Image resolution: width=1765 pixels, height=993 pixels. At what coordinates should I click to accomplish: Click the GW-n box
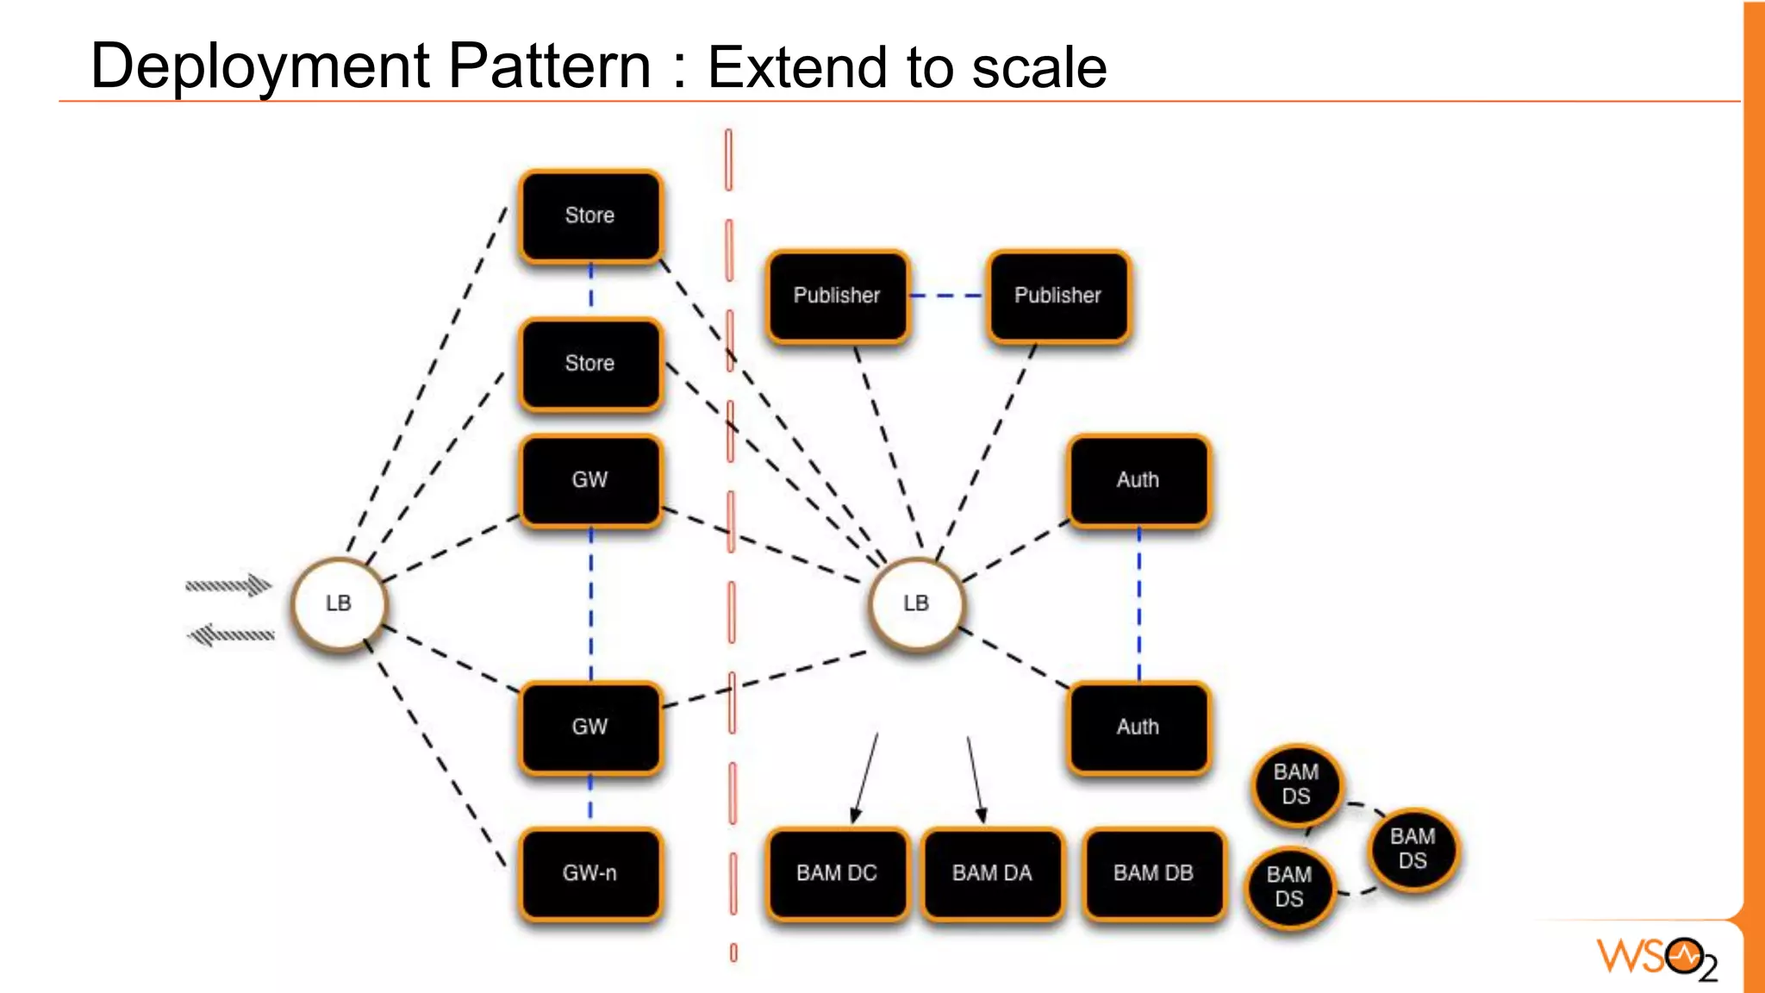pos(590,873)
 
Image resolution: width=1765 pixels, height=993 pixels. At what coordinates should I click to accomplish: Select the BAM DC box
pos(837,873)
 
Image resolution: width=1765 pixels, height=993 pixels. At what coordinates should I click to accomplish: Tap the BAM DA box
pos(992,873)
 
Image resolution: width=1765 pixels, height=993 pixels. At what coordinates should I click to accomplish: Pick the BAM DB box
pos(1153,873)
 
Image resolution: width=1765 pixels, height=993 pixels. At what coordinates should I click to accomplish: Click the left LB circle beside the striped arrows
pos(339,603)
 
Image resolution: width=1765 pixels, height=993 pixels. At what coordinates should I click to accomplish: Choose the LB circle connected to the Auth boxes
pos(916,603)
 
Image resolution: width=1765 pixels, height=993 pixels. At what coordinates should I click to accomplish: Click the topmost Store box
pos(590,215)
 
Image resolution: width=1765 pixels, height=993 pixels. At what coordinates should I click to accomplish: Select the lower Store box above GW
pos(590,364)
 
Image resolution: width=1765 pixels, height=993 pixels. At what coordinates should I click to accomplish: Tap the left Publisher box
pos(837,296)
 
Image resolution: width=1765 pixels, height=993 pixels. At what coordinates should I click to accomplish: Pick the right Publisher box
pos(1057,296)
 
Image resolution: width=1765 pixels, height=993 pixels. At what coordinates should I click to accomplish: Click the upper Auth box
pos(1138,480)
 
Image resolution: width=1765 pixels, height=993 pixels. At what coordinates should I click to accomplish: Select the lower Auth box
pos(1138,727)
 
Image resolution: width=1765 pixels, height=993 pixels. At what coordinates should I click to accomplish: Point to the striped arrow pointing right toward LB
pos(229,585)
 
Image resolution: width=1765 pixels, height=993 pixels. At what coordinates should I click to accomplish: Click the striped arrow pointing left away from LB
pos(231,636)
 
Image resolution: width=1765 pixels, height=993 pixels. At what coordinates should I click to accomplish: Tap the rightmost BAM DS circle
pos(1413,849)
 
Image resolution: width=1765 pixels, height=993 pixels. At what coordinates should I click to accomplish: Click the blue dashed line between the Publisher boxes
pos(947,296)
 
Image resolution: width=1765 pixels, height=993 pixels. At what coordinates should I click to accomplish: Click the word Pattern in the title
pos(549,66)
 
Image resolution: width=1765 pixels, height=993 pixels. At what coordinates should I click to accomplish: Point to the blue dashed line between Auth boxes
pos(1138,603)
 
